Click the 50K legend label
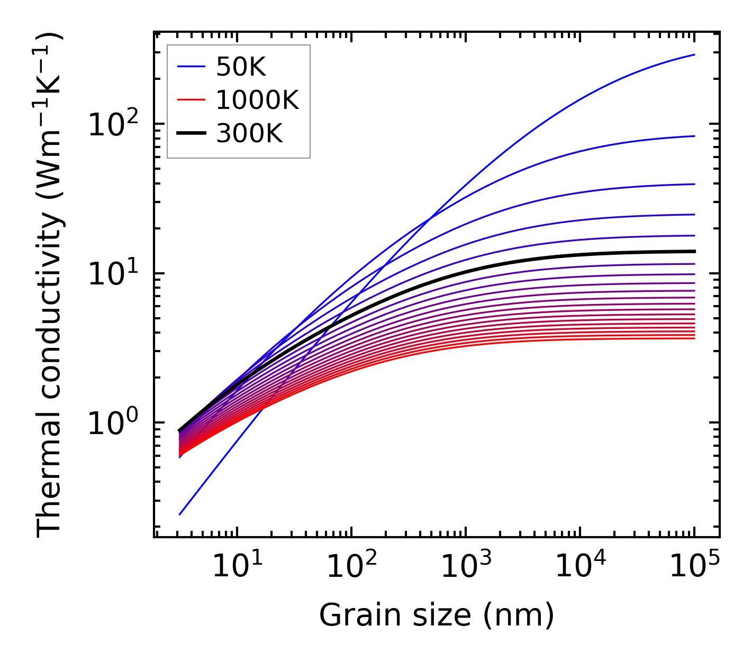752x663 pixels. coord(240,67)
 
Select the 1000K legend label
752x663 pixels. coord(257,100)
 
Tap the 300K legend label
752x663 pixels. coord(249,134)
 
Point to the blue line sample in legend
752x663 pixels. coord(191,67)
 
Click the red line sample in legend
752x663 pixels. coord(191,100)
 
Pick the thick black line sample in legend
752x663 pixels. coord(191,134)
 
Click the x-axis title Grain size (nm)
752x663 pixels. coord(437,615)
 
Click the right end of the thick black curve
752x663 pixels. coord(694,251)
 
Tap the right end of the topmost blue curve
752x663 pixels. coord(694,54)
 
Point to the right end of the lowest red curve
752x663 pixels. coord(694,338)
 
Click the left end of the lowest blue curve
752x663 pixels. coord(180,514)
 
